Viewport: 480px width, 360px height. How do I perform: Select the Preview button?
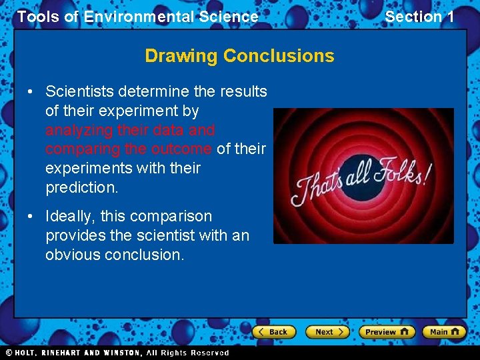[x=386, y=331]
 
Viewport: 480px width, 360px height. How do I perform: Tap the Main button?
[x=444, y=331]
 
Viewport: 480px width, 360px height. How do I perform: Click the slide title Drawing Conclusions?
[x=239, y=55]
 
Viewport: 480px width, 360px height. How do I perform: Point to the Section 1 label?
[x=419, y=17]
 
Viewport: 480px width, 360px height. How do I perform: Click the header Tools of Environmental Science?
[x=137, y=17]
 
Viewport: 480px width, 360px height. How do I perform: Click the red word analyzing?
[x=78, y=129]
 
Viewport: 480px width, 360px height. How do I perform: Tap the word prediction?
[x=81, y=187]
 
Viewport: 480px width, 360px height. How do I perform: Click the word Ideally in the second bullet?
[x=70, y=216]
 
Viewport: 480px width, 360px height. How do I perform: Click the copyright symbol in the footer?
[x=9, y=353]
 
